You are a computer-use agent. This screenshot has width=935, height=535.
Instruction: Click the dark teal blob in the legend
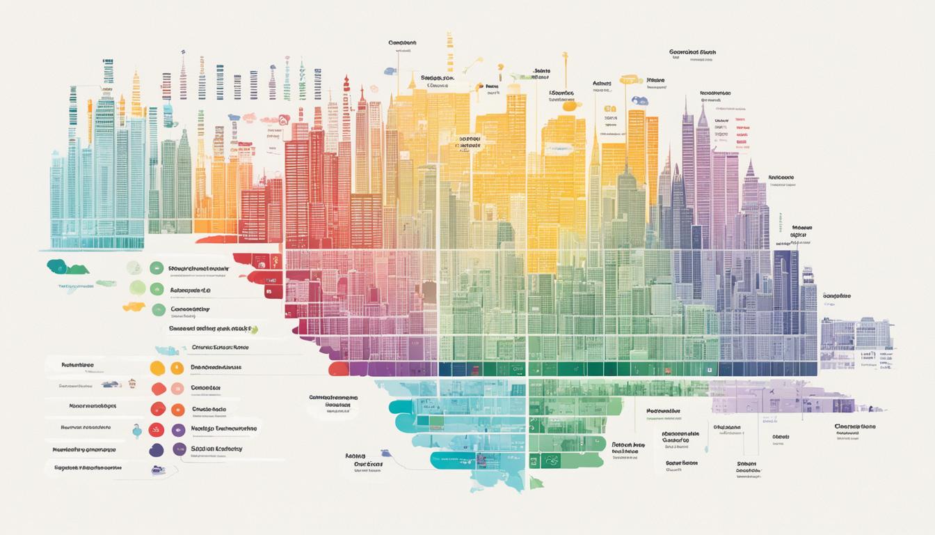click(x=56, y=265)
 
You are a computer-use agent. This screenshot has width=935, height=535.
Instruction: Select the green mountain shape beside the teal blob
click(x=79, y=269)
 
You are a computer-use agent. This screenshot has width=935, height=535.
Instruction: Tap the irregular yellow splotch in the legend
click(x=134, y=307)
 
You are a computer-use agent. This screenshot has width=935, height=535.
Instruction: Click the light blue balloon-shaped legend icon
click(x=137, y=431)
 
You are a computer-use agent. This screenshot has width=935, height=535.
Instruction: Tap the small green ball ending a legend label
click(x=254, y=329)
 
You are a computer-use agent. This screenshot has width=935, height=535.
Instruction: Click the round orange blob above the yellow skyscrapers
click(x=570, y=106)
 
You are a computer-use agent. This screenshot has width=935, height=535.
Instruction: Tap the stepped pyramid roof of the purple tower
click(x=750, y=171)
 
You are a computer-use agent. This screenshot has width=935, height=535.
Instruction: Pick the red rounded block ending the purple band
click(x=338, y=369)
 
